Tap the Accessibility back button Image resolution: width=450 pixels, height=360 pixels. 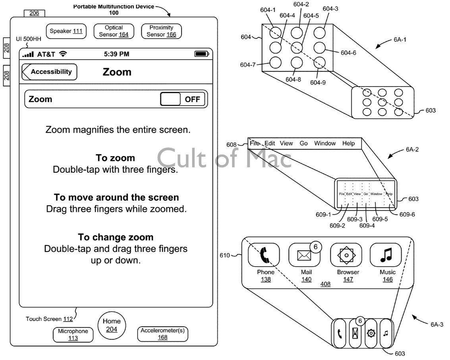[50, 72]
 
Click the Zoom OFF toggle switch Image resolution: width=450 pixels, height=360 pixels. [183, 99]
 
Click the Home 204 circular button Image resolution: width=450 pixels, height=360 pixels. [111, 325]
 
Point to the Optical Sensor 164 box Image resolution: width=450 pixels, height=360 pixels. [114, 31]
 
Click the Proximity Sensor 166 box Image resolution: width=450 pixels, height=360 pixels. [161, 31]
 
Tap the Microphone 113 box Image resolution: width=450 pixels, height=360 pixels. [73, 335]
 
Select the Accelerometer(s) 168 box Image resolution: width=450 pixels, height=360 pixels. [162, 334]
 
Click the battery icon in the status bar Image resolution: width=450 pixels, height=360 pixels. [201, 54]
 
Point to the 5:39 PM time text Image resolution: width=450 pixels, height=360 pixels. [116, 54]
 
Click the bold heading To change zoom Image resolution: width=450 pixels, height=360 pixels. [116, 237]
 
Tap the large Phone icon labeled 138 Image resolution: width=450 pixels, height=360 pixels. [264, 255]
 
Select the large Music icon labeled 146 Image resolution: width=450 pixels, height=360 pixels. [386, 255]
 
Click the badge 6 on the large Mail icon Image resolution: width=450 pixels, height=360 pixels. [315, 247]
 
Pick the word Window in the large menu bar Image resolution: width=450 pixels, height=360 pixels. [325, 143]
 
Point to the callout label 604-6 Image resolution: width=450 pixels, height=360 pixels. [348, 52]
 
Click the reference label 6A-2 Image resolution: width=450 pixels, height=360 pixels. [412, 150]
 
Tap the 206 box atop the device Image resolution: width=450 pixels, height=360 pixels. [35, 13]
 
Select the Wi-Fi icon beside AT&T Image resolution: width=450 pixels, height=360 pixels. [63, 54]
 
